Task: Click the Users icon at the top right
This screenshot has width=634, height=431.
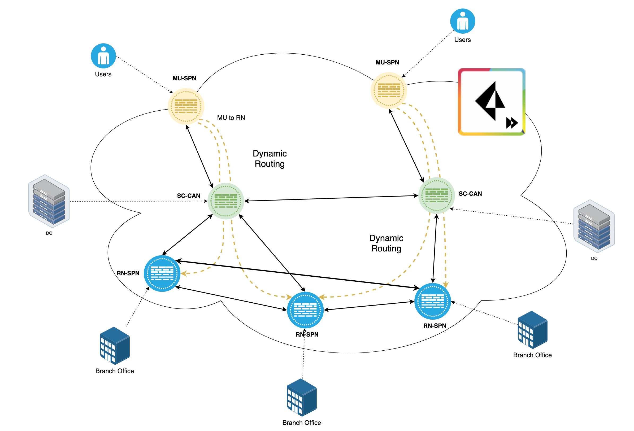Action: (462, 21)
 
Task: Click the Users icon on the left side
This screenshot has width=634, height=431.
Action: (103, 56)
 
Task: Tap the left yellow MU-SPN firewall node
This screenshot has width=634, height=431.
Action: (186, 106)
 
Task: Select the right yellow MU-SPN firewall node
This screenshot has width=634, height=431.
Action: (388, 90)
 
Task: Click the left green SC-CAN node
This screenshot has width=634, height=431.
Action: (225, 201)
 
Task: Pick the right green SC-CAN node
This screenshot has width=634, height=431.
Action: (436, 195)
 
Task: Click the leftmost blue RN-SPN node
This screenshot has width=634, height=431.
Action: (162, 273)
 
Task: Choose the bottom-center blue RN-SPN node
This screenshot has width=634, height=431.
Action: (305, 310)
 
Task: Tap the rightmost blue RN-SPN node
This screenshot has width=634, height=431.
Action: (432, 301)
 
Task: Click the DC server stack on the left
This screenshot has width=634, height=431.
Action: (49, 201)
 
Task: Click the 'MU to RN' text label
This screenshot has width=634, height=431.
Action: (231, 117)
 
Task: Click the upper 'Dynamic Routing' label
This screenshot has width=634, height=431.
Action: (270, 159)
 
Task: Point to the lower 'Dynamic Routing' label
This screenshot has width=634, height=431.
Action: (386, 243)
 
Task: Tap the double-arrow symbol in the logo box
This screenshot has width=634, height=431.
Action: (512, 123)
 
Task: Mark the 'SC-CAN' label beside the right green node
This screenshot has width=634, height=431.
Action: (470, 194)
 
